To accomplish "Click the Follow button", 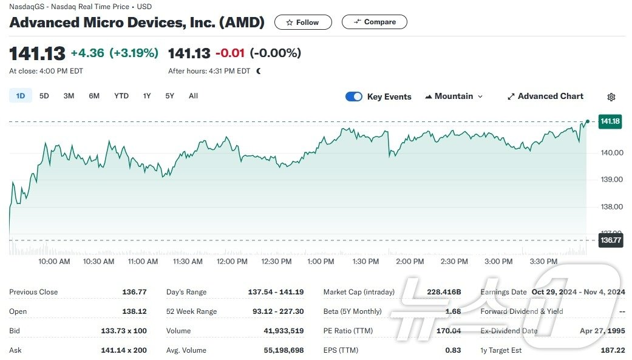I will (x=303, y=22).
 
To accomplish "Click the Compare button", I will (x=374, y=22).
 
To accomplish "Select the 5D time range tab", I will (x=44, y=96).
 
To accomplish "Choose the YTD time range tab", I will (x=121, y=96).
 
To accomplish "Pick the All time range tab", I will (x=193, y=96).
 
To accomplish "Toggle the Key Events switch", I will (x=354, y=97).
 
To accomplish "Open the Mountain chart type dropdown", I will (x=454, y=97).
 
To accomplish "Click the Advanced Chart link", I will (x=545, y=97).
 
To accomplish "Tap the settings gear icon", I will (x=611, y=97).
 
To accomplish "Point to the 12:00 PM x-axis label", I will (x=232, y=262).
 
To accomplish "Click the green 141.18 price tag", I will (x=610, y=121).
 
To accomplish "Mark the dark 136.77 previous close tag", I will (x=610, y=240).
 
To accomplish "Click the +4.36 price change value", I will (x=87, y=53).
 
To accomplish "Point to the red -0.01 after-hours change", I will (x=230, y=53).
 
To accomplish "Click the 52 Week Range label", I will (x=191, y=311).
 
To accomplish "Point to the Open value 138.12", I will (x=134, y=311).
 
